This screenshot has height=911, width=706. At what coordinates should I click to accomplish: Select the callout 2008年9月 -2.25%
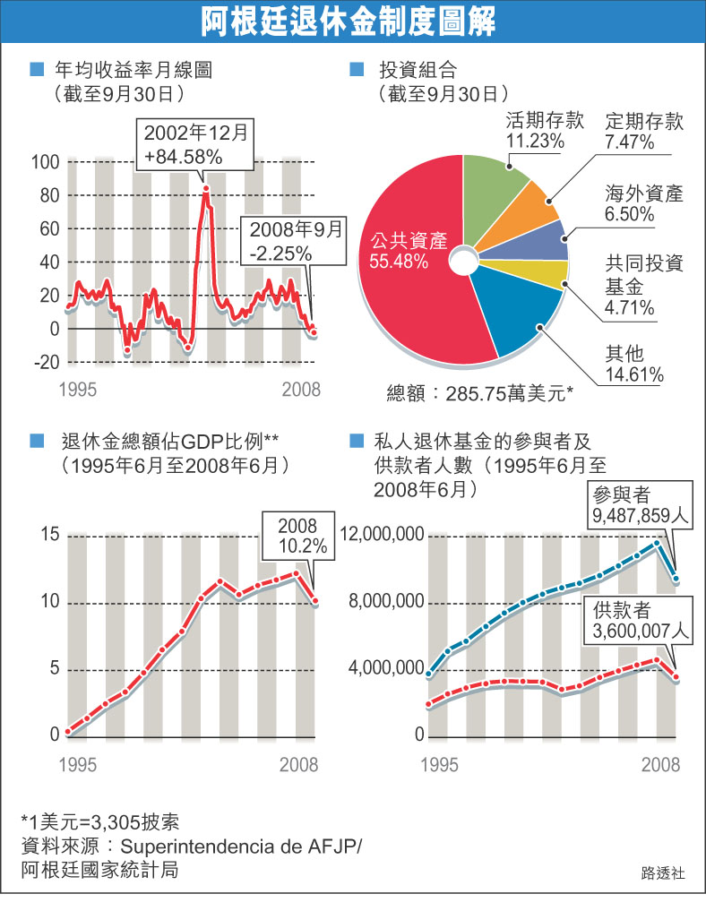click(x=296, y=239)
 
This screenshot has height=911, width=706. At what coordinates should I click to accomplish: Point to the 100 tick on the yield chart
click(x=46, y=162)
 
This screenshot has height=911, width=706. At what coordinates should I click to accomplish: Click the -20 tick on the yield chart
click(x=46, y=362)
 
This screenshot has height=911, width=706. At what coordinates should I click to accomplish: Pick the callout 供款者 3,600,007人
click(x=640, y=620)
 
